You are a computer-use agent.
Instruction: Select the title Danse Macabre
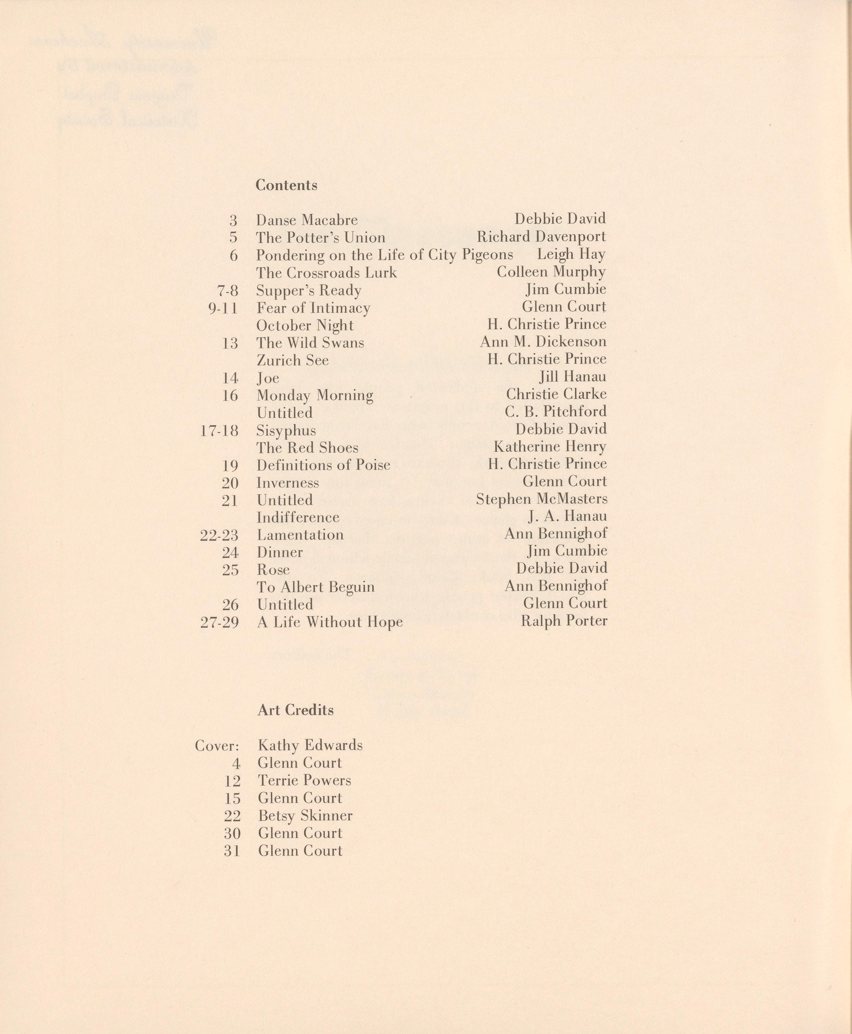(307, 220)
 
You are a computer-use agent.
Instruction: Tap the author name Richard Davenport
(541, 237)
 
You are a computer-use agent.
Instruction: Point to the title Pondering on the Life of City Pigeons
(384, 255)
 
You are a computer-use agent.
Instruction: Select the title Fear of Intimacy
(313, 308)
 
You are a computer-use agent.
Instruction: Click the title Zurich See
(293, 360)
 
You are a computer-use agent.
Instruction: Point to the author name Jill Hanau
(572, 377)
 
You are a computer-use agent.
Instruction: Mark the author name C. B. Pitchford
(556, 411)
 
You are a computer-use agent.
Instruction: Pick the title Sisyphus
(286, 431)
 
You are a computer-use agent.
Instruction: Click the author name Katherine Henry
(550, 447)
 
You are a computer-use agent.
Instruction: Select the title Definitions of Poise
(323, 465)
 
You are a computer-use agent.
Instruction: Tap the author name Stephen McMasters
(541, 499)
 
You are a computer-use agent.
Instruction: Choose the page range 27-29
(219, 623)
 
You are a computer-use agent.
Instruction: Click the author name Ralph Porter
(564, 621)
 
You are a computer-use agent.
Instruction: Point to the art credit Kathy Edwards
(310, 745)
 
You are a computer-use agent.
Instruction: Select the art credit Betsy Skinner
(305, 815)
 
